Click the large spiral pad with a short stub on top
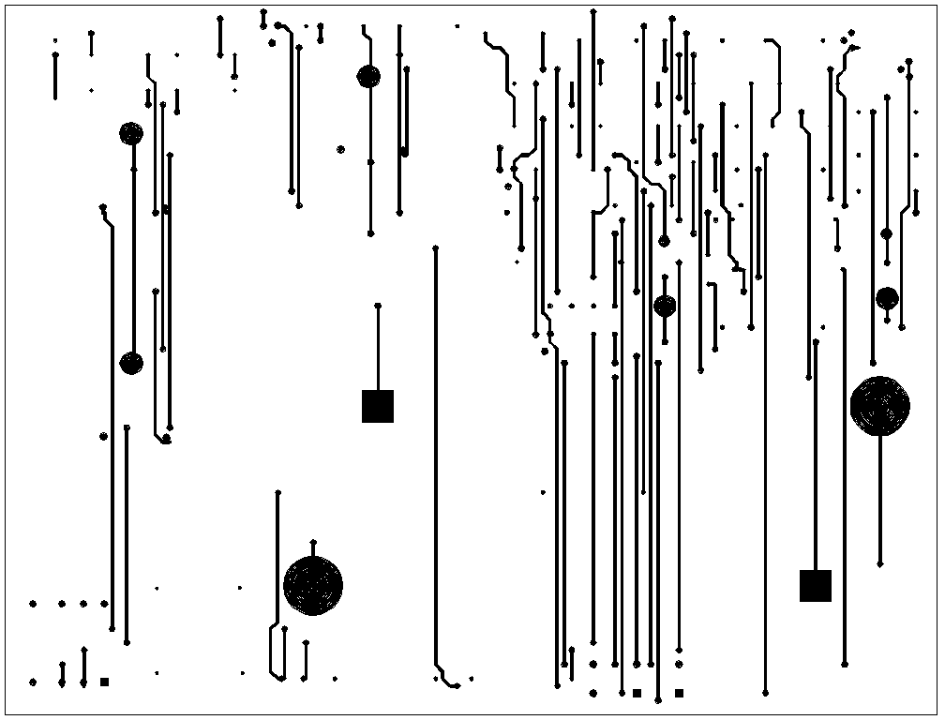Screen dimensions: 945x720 (313, 585)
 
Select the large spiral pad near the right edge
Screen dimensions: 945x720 (879, 406)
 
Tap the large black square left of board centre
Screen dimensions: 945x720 (378, 407)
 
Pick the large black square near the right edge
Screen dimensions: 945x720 (816, 586)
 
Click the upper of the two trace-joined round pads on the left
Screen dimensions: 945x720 (131, 133)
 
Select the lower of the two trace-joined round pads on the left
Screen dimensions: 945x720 (131, 364)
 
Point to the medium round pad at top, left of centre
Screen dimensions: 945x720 (368, 77)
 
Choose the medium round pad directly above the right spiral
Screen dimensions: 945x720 (887, 298)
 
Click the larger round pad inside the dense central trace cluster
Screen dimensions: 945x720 (665, 306)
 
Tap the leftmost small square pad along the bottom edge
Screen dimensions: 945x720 (104, 682)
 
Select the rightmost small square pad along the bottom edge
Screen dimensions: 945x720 (679, 694)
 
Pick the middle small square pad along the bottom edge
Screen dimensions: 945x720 (637, 694)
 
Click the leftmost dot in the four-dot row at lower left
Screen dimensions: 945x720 (33, 605)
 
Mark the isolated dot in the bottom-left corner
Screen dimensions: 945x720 (33, 682)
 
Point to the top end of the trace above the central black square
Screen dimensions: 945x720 (378, 306)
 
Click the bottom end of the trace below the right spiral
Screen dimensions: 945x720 (879, 563)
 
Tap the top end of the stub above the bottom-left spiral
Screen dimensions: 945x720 (313, 543)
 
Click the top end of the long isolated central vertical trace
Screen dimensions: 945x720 (435, 248)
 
